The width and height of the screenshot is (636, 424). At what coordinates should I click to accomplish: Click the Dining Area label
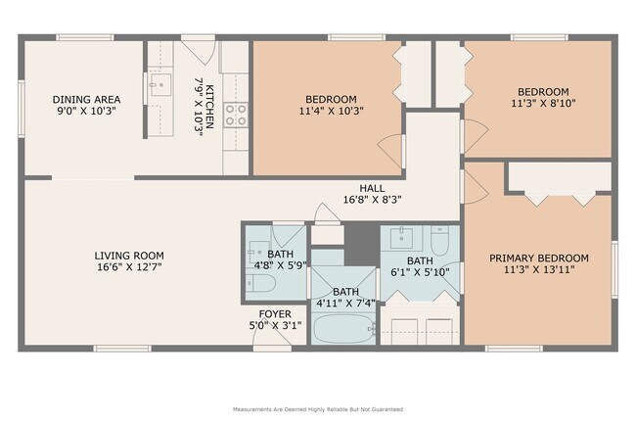(x=86, y=100)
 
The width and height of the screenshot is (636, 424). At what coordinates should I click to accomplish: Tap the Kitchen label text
(x=209, y=107)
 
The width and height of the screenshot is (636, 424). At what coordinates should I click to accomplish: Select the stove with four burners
(x=236, y=115)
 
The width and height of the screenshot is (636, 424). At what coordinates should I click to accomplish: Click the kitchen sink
(x=160, y=84)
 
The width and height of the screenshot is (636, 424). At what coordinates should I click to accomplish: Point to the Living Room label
(x=129, y=256)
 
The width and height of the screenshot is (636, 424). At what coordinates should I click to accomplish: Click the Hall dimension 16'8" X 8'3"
(x=373, y=200)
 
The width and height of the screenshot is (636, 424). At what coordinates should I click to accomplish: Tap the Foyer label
(x=275, y=314)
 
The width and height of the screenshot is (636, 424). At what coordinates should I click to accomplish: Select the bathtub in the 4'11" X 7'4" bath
(x=344, y=329)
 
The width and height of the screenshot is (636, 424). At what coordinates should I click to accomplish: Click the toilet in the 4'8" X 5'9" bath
(x=261, y=283)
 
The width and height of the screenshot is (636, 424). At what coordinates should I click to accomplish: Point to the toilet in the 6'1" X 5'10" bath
(x=439, y=240)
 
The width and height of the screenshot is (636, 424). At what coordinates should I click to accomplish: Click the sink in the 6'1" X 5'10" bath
(x=401, y=238)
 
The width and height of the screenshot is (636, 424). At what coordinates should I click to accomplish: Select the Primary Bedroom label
(x=539, y=259)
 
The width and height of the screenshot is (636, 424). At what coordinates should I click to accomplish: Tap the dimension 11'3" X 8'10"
(x=543, y=103)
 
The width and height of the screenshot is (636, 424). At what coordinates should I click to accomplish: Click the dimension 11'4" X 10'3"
(x=331, y=111)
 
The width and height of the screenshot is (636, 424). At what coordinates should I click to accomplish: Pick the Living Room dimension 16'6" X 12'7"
(x=129, y=267)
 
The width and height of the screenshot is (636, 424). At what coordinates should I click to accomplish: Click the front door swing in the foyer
(x=273, y=335)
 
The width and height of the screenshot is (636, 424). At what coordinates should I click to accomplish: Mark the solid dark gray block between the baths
(x=362, y=245)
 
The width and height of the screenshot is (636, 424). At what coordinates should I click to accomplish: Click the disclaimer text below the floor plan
(x=318, y=409)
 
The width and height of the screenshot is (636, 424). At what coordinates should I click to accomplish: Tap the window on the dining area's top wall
(x=85, y=37)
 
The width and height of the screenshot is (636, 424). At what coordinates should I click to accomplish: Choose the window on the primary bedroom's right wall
(x=614, y=269)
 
